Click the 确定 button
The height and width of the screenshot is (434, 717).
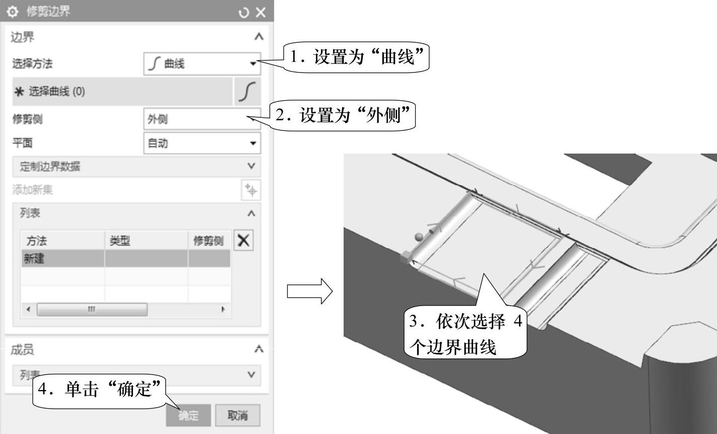(x=188, y=415)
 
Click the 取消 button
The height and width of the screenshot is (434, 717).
(x=237, y=415)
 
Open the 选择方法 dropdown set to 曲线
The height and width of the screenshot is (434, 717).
(x=202, y=64)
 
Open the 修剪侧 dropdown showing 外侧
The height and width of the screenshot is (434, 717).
(x=202, y=119)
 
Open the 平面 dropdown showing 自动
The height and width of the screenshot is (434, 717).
(x=202, y=143)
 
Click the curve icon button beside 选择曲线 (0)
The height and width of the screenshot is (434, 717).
(x=247, y=92)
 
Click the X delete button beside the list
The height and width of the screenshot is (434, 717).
(x=243, y=241)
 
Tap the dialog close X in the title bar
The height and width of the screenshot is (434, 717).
(x=260, y=12)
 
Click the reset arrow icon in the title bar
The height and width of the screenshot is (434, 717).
(x=244, y=12)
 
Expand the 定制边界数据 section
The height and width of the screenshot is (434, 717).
(x=136, y=167)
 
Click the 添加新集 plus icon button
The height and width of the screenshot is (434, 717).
(x=251, y=190)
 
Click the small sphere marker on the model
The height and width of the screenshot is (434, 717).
(x=418, y=237)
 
